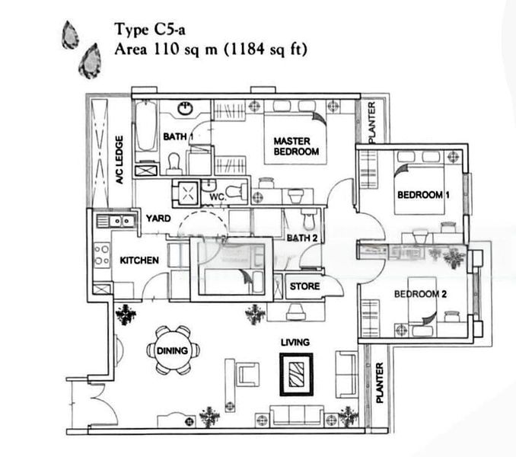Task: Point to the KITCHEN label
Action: click(x=139, y=260)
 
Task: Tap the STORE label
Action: click(x=304, y=287)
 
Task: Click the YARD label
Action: click(x=158, y=219)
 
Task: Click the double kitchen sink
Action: click(x=116, y=221)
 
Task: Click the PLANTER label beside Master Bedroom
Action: click(x=371, y=122)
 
